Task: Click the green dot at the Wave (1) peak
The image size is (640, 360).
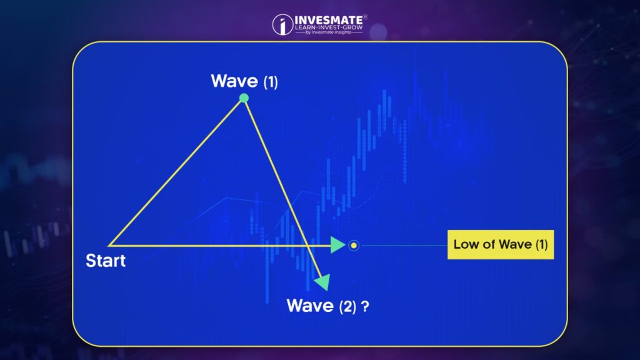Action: coord(244,98)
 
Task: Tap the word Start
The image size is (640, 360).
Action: coord(106,261)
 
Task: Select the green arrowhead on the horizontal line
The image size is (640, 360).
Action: coord(338,245)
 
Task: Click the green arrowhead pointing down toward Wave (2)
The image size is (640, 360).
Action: coord(323,282)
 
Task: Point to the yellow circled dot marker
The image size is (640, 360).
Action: coord(354,245)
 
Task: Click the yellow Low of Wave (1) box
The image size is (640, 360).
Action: coord(501,244)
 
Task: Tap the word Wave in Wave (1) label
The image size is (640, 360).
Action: coord(234,81)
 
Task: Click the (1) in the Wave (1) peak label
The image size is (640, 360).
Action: coord(271,82)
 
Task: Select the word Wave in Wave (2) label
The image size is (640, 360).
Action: coord(310,305)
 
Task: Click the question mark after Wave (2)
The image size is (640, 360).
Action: coord(365,306)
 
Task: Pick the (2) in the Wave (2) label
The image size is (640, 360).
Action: coord(347,306)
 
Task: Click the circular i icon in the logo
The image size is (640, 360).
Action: coord(282,24)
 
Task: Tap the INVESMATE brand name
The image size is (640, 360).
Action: coord(329,20)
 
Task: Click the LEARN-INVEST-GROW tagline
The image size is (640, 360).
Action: coord(329,27)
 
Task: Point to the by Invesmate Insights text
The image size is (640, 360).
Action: coord(329,32)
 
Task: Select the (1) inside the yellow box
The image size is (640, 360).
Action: coord(542,244)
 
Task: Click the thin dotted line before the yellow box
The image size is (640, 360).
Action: coord(404,245)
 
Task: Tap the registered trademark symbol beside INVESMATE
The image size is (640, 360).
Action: coord(365,17)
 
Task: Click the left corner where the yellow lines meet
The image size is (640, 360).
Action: coord(109,245)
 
